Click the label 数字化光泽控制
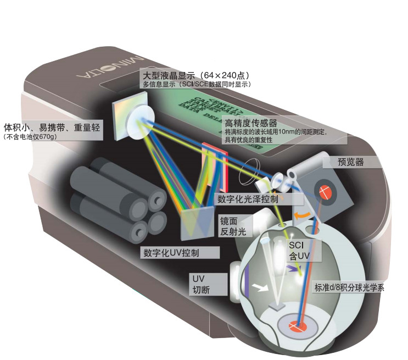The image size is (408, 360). tap(248, 198)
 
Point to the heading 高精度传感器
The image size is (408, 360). tap(250, 123)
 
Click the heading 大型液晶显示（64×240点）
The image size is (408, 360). tap(195, 74)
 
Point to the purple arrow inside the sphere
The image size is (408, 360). tap(290, 268)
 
